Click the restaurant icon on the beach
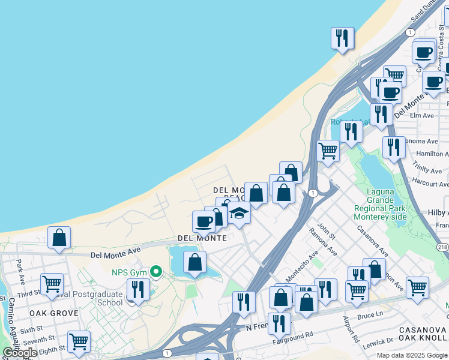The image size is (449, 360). coord(342,38)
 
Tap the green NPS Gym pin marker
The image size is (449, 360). coord(156,272)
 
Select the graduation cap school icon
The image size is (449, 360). coord(239,214)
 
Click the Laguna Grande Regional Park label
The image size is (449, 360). coord(381,204)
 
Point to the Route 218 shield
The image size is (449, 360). coord(443,247)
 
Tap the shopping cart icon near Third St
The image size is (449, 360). coord(52,284)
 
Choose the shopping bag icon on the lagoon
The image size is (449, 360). coord(194,262)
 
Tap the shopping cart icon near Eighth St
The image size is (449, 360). coord(79,341)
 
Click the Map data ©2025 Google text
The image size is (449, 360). coord(411,355)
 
